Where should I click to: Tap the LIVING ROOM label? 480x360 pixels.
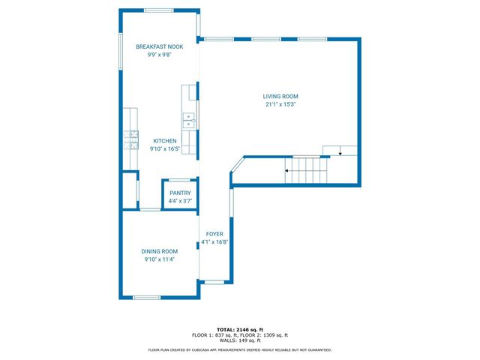click(x=280, y=97)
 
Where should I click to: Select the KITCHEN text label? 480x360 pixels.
click(x=165, y=141)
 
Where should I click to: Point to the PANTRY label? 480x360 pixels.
click(x=180, y=193)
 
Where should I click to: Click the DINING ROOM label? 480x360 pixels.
click(x=160, y=251)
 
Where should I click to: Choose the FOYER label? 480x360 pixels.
click(x=215, y=234)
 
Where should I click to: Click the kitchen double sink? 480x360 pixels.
click(x=190, y=120)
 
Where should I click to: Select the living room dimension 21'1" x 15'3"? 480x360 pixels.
click(x=280, y=105)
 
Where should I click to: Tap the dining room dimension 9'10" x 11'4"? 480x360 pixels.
click(x=160, y=259)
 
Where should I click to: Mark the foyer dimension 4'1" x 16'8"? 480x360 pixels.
click(x=215, y=242)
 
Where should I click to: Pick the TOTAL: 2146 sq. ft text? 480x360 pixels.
click(x=240, y=330)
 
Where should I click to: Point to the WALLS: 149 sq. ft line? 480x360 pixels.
click(x=240, y=340)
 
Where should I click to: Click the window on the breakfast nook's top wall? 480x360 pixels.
click(x=159, y=10)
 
